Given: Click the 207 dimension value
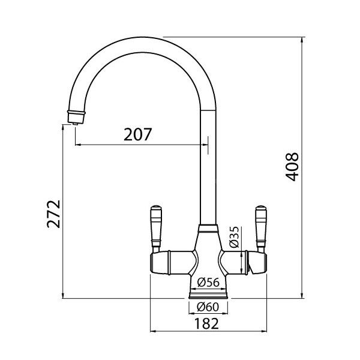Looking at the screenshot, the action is (x=138, y=134).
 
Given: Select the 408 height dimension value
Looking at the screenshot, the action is (x=292, y=167).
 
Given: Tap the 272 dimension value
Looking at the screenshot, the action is (x=53, y=214).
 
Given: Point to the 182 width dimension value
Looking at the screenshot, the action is (x=206, y=323).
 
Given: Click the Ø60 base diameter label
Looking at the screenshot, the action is (x=208, y=307).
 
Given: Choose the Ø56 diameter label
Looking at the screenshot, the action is (x=208, y=283).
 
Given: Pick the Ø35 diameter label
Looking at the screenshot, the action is (x=235, y=237).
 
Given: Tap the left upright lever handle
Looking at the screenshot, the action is (x=156, y=229).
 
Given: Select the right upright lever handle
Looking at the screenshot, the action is (x=261, y=229).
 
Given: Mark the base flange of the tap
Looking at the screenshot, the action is (x=208, y=296).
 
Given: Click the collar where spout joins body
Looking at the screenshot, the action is (x=208, y=228).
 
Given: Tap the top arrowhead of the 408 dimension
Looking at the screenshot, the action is (x=302, y=40).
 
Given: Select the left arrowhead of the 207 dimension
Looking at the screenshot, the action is (x=79, y=145).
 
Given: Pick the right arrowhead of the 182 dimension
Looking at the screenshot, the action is (x=263, y=331).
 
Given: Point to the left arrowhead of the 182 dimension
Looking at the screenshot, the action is (x=154, y=331).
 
